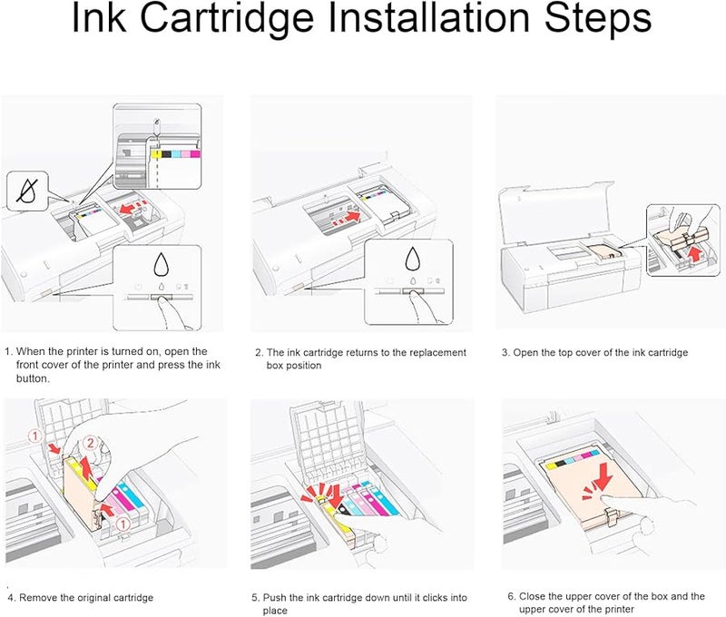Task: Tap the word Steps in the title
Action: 597,19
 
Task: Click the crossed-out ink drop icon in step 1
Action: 27,191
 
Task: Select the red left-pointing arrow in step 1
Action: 132,208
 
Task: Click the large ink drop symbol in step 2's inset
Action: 413,259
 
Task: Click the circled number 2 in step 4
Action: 91,443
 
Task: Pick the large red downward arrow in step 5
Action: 335,496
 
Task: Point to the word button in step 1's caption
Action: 32,378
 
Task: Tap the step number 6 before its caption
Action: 511,597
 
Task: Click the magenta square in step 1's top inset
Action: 195,154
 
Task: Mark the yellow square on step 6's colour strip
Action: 551,465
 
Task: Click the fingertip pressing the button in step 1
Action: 161,301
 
